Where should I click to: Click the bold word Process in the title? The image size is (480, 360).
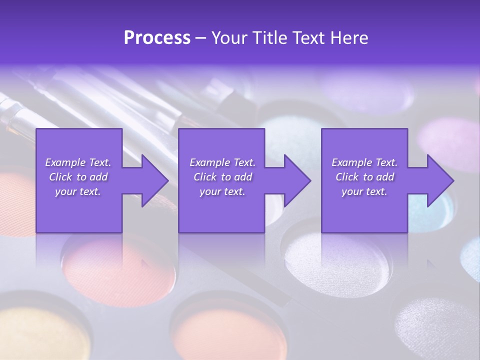[x=157, y=38]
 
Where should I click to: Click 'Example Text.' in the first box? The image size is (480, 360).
[x=78, y=162]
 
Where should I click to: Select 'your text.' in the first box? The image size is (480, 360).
[x=78, y=191]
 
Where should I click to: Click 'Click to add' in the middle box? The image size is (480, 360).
[x=222, y=177]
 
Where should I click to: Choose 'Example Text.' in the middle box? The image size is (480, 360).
[x=222, y=162]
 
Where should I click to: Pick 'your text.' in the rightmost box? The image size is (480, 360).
[x=364, y=191]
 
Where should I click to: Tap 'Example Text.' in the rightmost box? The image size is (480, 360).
[x=364, y=162]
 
